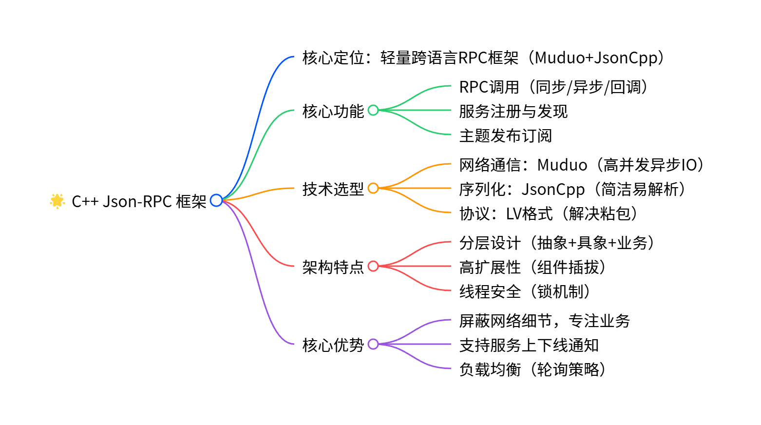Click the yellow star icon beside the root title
point(57,201)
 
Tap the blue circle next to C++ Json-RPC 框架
point(216,200)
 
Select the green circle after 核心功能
point(373,110)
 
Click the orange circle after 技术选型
point(373,188)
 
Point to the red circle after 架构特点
point(373,266)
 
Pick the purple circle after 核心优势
point(373,344)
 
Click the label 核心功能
point(333,111)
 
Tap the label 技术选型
point(333,189)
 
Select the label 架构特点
point(333,267)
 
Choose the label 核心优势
point(333,345)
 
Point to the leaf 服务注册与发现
point(513,111)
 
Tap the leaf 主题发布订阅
point(505,135)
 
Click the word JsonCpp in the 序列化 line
point(553,189)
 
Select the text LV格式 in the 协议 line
point(529,213)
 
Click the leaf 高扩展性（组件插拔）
point(533,267)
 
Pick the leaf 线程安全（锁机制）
point(525,291)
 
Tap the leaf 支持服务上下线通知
point(529,345)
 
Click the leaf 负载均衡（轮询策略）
point(533,369)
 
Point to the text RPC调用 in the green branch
point(489,87)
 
